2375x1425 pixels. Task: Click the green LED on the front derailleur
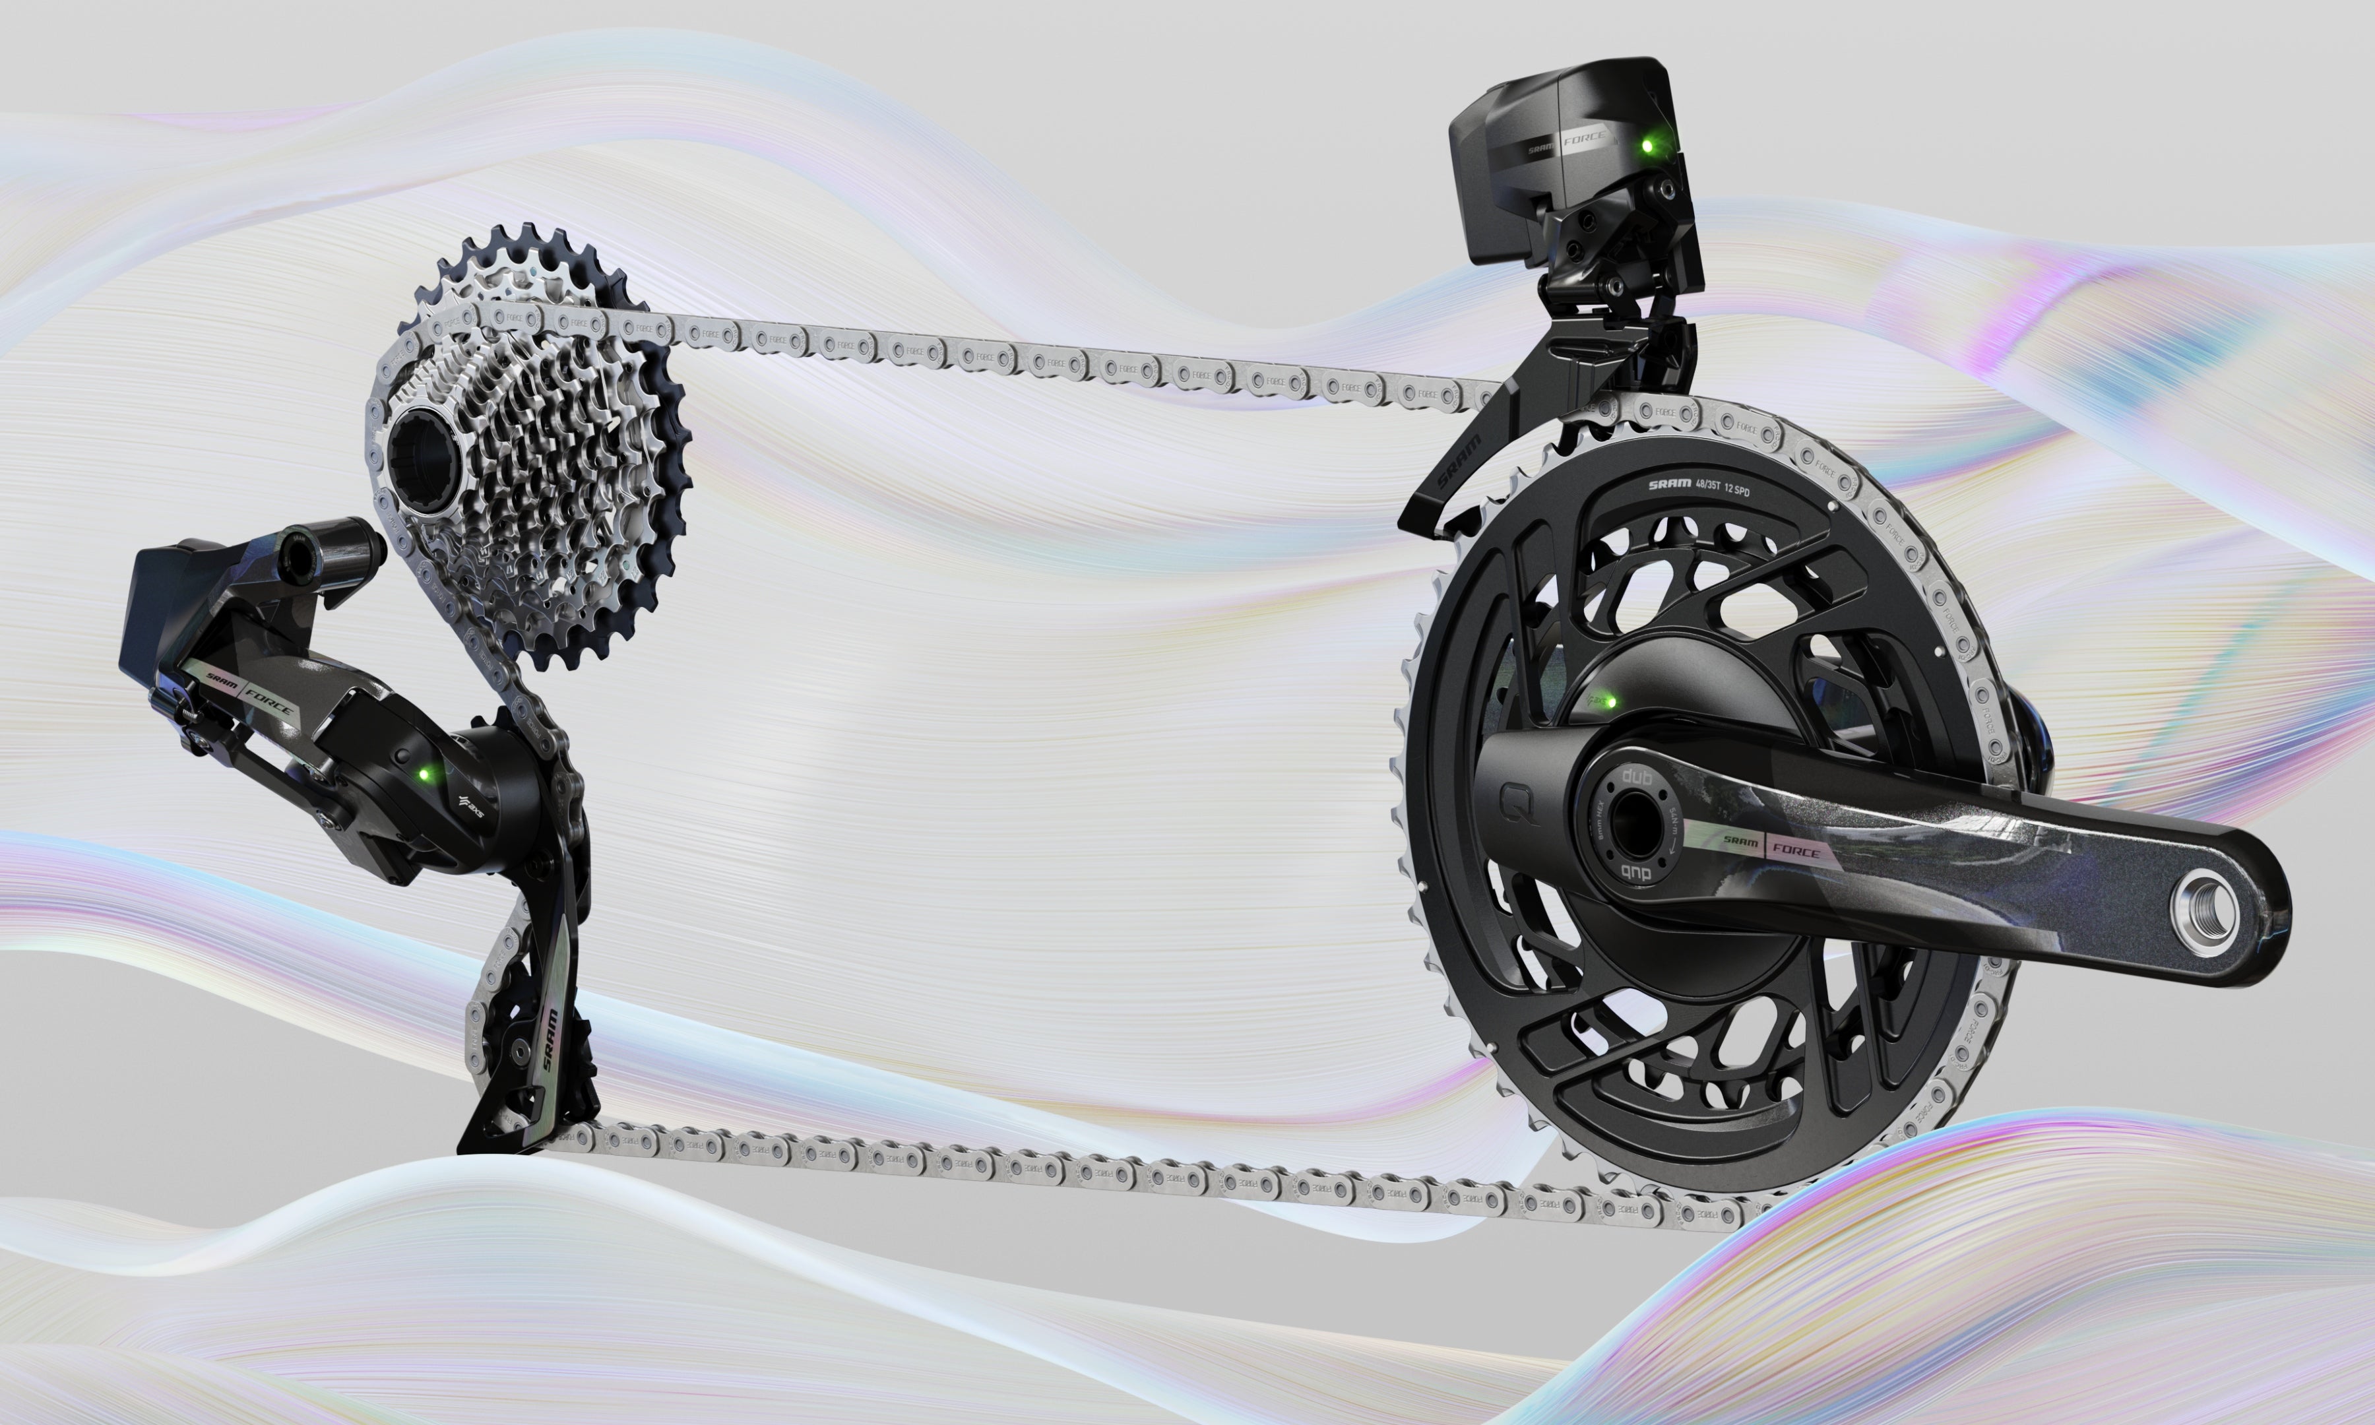click(1647, 146)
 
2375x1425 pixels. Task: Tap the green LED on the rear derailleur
click(424, 772)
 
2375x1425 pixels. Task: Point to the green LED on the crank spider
click(1611, 702)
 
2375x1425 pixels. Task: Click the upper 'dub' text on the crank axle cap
click(1636, 776)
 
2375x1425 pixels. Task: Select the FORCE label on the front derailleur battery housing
click(1584, 139)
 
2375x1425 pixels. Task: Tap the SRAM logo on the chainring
click(1668, 485)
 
